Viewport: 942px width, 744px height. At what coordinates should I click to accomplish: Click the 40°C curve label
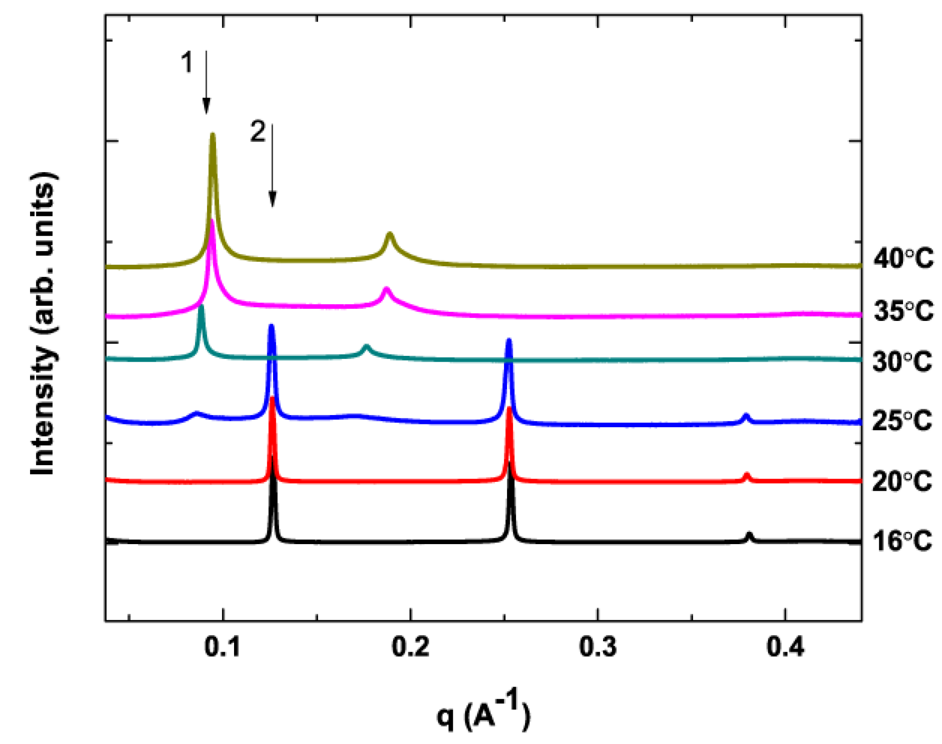pyautogui.click(x=903, y=258)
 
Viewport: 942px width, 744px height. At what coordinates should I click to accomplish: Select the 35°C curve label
pyautogui.click(x=903, y=311)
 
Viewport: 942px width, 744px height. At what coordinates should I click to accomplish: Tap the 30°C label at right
pyautogui.click(x=902, y=361)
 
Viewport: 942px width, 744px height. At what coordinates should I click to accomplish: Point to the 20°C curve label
pyautogui.click(x=902, y=481)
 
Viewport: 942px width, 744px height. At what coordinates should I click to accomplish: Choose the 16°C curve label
pyautogui.click(x=902, y=541)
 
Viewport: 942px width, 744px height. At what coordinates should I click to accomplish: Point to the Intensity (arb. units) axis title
pyautogui.click(x=43, y=323)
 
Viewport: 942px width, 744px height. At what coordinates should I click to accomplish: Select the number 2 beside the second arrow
pyautogui.click(x=258, y=132)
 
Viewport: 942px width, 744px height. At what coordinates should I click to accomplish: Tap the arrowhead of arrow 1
pyautogui.click(x=206, y=108)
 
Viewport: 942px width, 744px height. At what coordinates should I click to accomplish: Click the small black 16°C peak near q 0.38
pyautogui.click(x=749, y=535)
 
